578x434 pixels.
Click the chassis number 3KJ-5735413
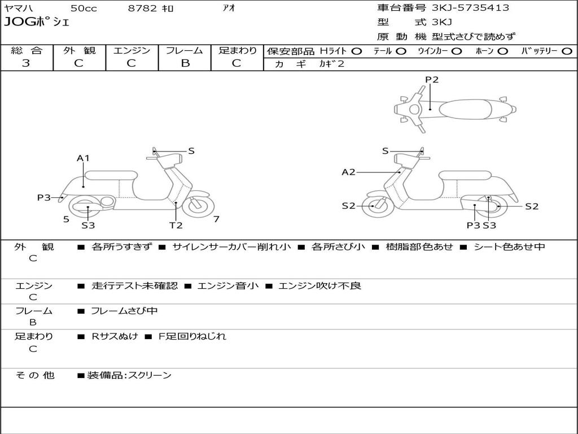click(470, 8)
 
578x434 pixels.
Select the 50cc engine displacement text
click(83, 8)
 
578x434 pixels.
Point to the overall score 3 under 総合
click(26, 63)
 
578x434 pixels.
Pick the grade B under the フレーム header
click(185, 63)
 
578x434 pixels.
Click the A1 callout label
click(83, 158)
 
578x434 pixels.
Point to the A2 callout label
click(349, 172)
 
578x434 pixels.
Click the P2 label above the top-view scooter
click(431, 80)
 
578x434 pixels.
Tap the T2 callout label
click(176, 225)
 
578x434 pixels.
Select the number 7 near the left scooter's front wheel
click(216, 219)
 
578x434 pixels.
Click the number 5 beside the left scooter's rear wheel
click(66, 219)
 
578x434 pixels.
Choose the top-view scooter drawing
click(454, 108)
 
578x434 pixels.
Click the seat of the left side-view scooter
click(111, 175)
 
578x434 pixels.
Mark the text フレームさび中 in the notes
click(124, 311)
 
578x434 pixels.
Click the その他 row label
click(35, 375)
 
